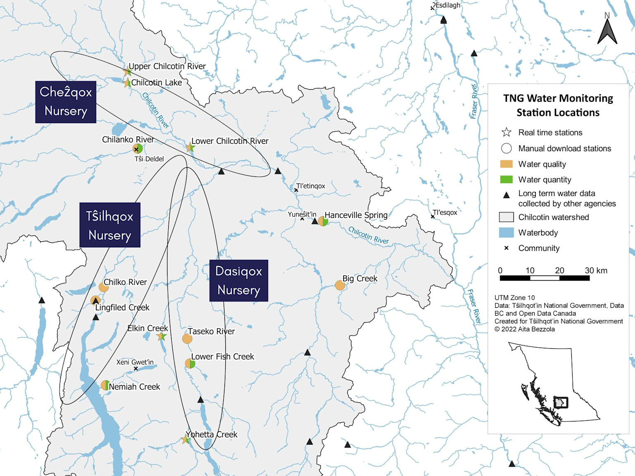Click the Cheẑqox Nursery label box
point(66,102)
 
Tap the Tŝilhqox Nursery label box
point(110,225)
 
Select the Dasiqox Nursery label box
point(239,281)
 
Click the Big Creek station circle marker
point(340,286)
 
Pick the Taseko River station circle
point(187,339)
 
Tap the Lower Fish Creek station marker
point(190,364)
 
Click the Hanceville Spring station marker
point(323,221)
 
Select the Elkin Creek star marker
point(162,336)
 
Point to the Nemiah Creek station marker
point(105,386)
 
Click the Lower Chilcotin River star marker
point(190,148)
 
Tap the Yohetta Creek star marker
point(186,440)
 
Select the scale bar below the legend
point(544,278)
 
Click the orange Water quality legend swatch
point(506,164)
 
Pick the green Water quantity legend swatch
point(506,179)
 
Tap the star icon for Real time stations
point(506,132)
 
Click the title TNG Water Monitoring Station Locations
point(558,105)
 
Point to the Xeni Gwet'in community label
point(135,362)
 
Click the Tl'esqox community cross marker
point(433,217)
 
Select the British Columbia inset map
point(554,382)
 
